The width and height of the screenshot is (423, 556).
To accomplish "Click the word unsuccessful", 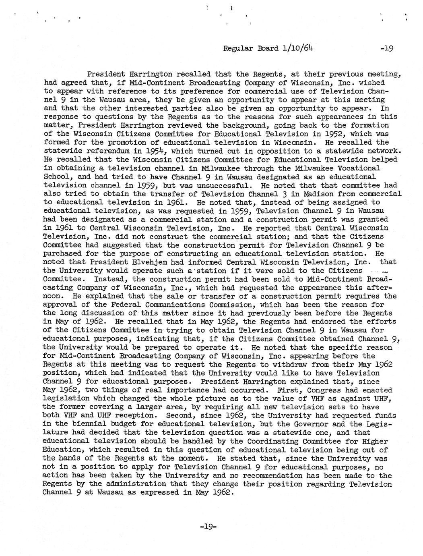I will click(226, 185).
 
